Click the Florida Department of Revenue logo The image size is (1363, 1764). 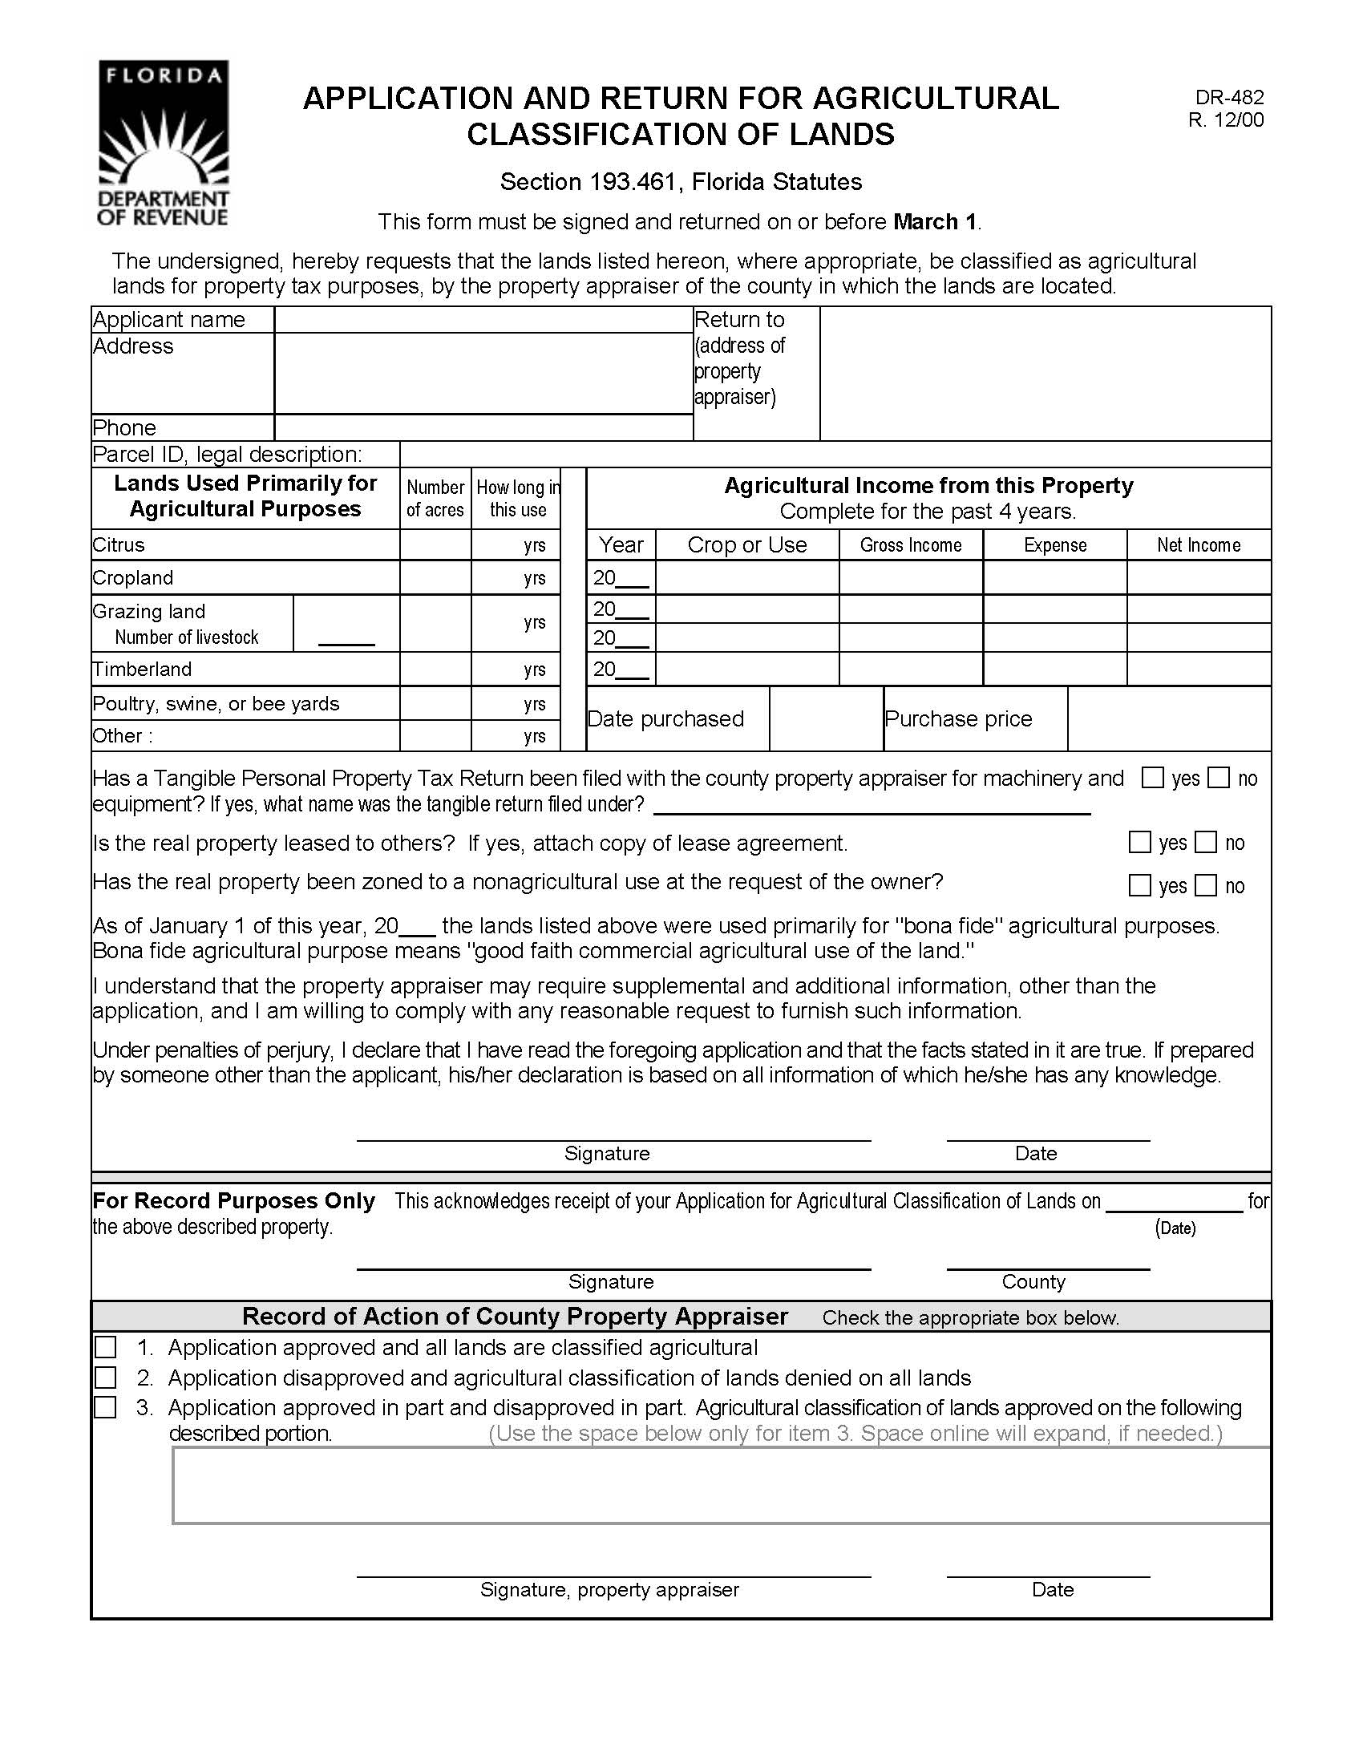(163, 143)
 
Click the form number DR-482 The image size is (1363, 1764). (1229, 98)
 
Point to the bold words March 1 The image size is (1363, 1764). (934, 221)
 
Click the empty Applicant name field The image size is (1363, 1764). (483, 320)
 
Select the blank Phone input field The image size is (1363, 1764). (483, 427)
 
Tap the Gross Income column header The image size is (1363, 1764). (910, 545)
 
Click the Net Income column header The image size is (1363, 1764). (1199, 545)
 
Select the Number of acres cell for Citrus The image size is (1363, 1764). (435, 545)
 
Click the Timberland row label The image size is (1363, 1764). (142, 670)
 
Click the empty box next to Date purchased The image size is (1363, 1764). (825, 719)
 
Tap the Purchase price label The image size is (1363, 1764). (957, 719)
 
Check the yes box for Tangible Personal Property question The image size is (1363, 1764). (1152, 778)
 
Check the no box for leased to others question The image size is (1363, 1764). (1205, 843)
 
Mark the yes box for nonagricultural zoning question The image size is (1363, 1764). (1139, 885)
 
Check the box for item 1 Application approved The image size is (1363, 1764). (106, 1347)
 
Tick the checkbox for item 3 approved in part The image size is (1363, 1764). (106, 1407)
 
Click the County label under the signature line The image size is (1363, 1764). (1033, 1282)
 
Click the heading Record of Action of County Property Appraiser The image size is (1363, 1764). (515, 1317)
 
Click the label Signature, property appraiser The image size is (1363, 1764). (609, 1589)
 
